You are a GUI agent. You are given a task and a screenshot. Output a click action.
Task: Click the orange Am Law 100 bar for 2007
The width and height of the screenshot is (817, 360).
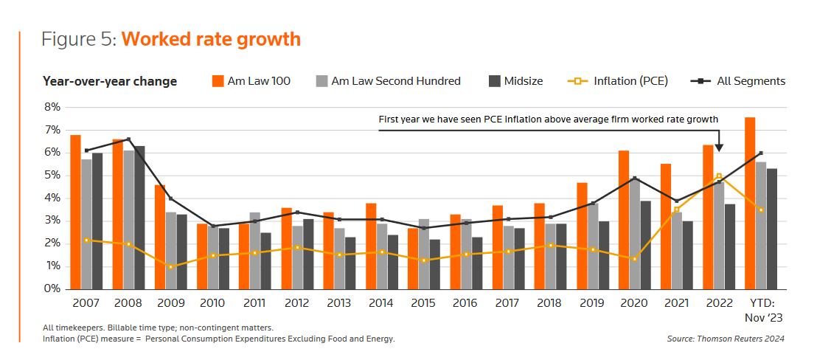(75, 212)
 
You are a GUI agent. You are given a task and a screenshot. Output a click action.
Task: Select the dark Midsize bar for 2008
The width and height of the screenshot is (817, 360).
(139, 218)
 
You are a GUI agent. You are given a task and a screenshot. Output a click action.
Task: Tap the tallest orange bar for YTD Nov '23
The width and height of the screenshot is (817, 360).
(750, 203)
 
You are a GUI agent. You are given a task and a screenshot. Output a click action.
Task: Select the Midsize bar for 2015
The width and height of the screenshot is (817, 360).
(435, 264)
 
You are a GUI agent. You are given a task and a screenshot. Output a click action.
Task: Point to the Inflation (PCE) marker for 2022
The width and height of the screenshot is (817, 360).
(719, 176)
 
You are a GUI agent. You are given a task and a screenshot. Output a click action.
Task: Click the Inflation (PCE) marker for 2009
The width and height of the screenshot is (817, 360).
(171, 266)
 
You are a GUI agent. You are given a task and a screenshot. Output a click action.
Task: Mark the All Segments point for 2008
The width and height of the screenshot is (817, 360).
(128, 139)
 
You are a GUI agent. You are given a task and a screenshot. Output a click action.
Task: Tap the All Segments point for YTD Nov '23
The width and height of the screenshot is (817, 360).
(760, 153)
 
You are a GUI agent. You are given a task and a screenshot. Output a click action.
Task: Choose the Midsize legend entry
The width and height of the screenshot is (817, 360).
(515, 81)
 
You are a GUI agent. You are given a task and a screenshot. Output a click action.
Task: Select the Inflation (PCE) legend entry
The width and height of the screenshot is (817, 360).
(619, 81)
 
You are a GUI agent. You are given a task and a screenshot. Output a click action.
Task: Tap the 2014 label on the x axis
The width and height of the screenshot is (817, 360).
(382, 303)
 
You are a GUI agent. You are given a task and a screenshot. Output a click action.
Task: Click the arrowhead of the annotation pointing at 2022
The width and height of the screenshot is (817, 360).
(719, 148)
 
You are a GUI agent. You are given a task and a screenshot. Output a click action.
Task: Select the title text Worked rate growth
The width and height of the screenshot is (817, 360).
(211, 39)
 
